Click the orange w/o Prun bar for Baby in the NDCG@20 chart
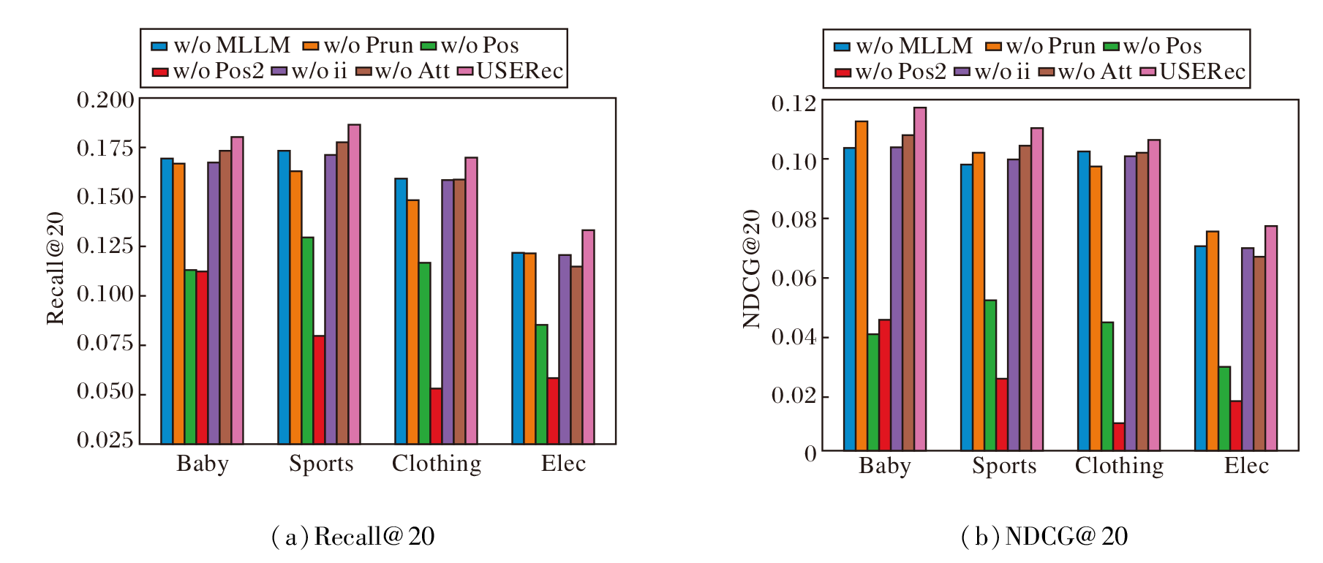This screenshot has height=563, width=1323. [x=862, y=285]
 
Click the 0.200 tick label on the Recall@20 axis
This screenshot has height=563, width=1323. [x=106, y=99]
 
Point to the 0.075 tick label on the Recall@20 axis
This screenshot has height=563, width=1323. [x=106, y=343]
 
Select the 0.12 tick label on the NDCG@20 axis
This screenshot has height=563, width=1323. [x=794, y=103]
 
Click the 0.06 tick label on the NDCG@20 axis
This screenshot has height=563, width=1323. [x=794, y=278]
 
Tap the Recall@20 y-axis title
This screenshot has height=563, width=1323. [x=56, y=268]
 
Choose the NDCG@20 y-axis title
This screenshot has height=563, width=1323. [x=752, y=269]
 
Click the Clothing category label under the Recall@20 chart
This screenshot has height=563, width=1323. [x=437, y=463]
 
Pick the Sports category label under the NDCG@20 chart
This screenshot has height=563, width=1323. [x=1004, y=466]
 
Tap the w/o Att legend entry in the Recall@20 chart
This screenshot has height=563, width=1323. [x=403, y=71]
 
